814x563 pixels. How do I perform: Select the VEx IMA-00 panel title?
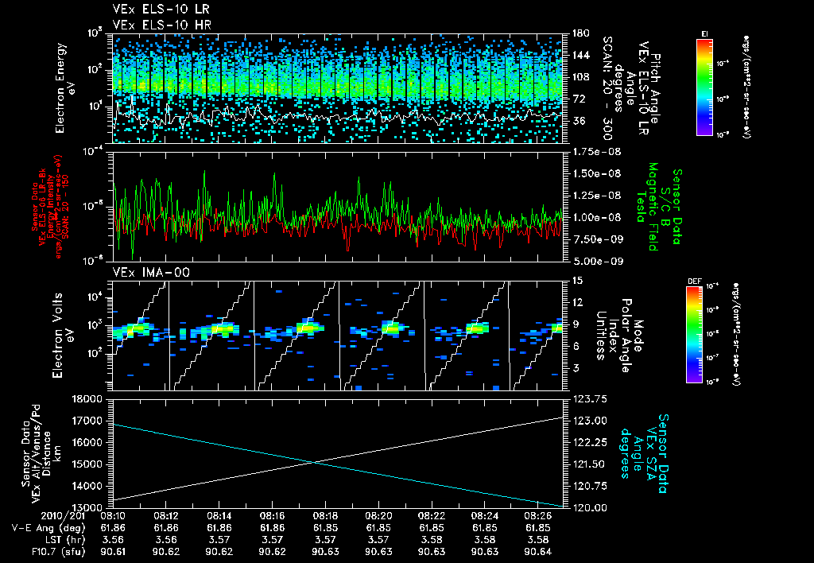point(145,273)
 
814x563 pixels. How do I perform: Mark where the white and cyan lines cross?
point(313,461)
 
